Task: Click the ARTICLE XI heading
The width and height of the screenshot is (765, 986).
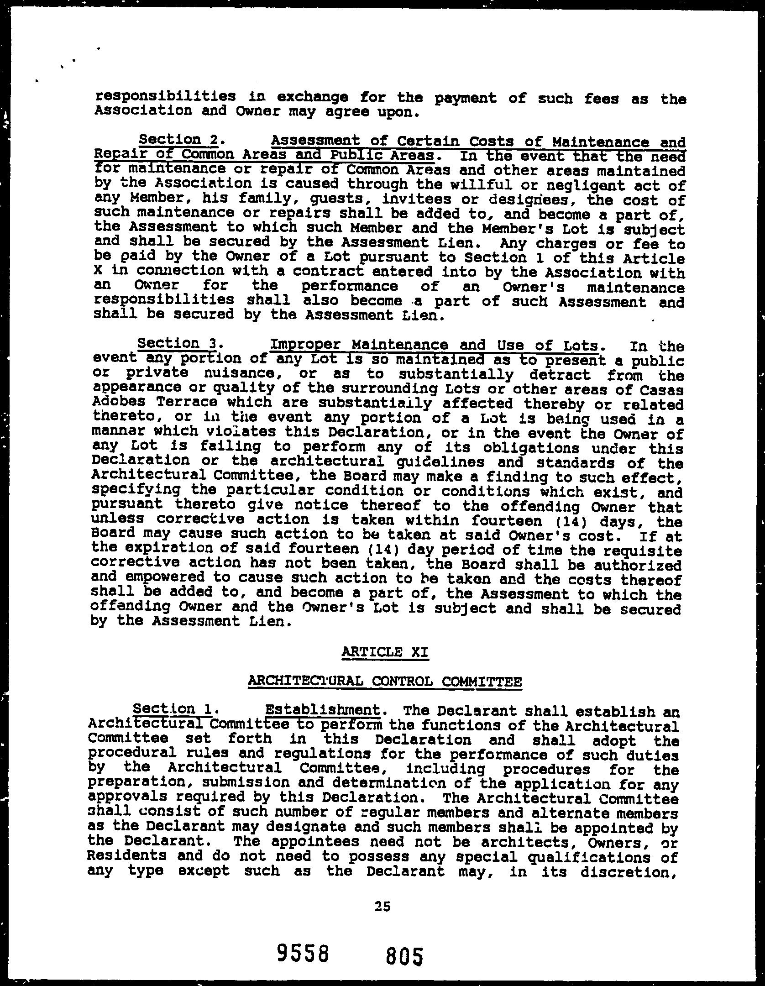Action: click(x=385, y=652)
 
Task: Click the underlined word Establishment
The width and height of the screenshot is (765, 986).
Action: click(x=323, y=710)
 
